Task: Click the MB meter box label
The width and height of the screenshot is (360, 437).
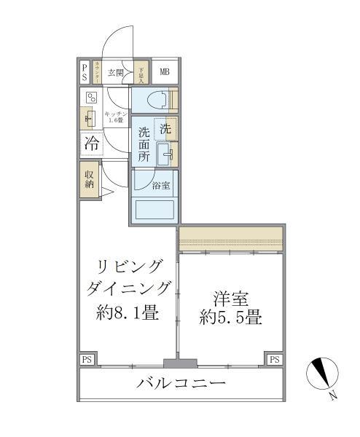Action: [164, 71]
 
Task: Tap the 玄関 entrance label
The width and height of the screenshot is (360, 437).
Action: [117, 72]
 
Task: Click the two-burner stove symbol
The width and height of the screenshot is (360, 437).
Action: [92, 98]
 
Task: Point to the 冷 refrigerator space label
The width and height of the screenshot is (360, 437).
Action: [92, 143]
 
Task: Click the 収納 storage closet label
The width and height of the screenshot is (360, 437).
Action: [90, 179]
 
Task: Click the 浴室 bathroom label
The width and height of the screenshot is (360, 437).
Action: [161, 186]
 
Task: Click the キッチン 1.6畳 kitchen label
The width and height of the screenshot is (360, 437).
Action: [117, 117]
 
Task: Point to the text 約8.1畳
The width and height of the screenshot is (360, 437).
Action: [127, 313]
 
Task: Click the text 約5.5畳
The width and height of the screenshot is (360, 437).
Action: [230, 318]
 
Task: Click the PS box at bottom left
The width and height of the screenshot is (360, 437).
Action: [87, 360]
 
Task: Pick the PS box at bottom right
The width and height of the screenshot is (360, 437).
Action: [274, 360]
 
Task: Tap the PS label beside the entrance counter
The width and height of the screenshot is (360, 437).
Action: [85, 71]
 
